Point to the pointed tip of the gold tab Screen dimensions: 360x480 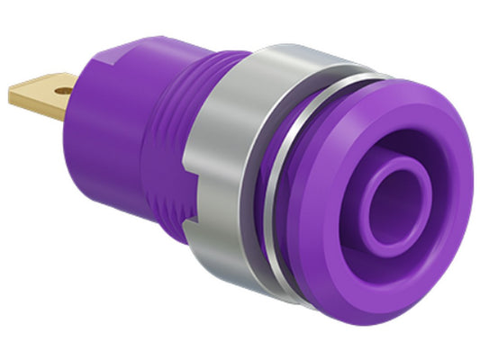tap(14, 90)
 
